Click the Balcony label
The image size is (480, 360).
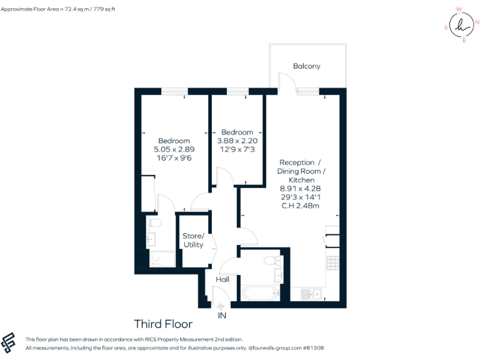[306, 66]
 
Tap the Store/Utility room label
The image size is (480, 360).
[193, 240]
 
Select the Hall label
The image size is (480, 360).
[222, 279]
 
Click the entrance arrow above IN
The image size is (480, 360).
[221, 306]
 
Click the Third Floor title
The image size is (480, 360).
[163, 324]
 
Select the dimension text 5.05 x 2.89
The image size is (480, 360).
[174, 150]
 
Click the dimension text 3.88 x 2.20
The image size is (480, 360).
[237, 141]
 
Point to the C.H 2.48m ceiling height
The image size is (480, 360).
[301, 205]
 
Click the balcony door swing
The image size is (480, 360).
[284, 81]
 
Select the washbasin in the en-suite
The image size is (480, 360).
[151, 238]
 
